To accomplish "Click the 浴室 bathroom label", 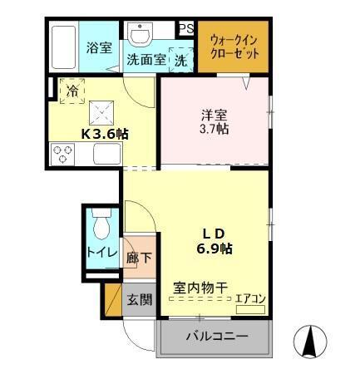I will [x=100, y=47].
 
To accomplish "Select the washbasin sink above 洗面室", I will [x=139, y=34].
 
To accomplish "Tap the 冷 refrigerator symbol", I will [x=72, y=89].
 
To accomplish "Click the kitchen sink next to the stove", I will [x=108, y=154].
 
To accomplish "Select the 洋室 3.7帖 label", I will [x=215, y=121].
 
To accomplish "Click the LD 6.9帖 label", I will [x=214, y=239].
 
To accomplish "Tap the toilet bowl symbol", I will [x=101, y=226].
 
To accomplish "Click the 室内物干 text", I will [x=200, y=288].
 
